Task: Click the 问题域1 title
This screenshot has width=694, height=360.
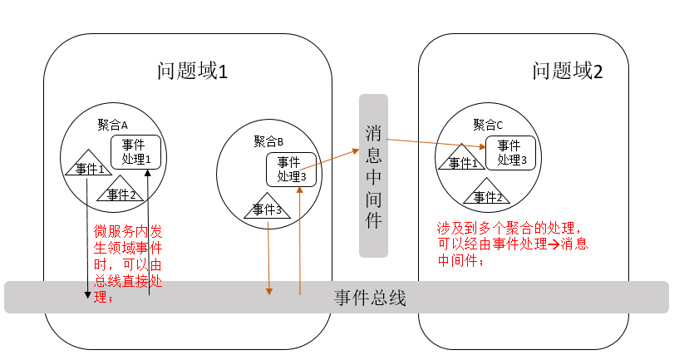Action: pos(192,72)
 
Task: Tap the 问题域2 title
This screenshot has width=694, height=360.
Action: pos(568,72)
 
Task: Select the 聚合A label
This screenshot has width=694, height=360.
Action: pos(112,126)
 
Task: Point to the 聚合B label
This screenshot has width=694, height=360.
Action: pos(268,141)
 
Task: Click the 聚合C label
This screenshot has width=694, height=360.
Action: pos(488,125)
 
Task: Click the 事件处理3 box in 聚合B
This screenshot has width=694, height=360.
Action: pos(291,169)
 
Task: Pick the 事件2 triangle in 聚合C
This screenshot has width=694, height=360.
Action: pos(488,195)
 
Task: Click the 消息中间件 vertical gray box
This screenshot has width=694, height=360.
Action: pos(374,175)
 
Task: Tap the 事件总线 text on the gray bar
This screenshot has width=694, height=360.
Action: pos(370,298)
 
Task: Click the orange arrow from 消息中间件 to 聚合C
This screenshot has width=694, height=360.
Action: pos(436,144)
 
